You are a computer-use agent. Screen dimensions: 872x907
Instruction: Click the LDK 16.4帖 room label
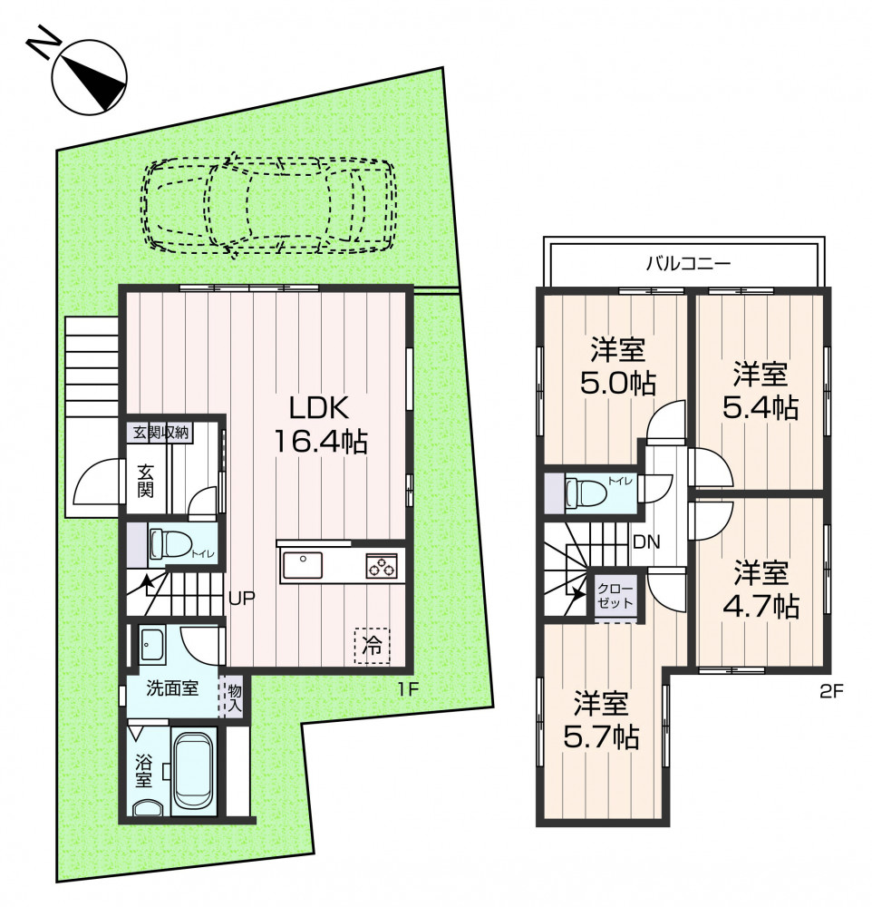[x=320, y=425]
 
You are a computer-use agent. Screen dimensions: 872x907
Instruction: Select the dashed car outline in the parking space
[x=269, y=204]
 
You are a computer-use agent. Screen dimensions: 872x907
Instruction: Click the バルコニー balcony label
[x=688, y=264]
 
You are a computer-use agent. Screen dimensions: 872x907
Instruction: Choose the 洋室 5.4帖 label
[x=761, y=390]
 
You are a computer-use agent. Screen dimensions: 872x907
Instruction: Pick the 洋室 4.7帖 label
[x=761, y=589]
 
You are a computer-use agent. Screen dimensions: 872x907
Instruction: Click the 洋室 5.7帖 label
[x=601, y=720]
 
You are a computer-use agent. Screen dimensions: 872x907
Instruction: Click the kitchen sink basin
[x=303, y=564]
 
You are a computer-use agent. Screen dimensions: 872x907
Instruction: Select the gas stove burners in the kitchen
[x=382, y=565]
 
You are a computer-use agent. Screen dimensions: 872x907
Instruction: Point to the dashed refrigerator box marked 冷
[x=372, y=646]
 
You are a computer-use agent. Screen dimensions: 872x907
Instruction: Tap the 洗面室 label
[x=171, y=688]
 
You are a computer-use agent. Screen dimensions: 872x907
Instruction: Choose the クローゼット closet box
[x=615, y=596]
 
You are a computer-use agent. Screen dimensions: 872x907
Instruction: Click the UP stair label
[x=242, y=598]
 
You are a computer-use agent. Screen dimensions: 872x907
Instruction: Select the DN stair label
[x=646, y=542]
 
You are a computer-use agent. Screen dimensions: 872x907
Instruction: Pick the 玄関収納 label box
[x=160, y=433]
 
